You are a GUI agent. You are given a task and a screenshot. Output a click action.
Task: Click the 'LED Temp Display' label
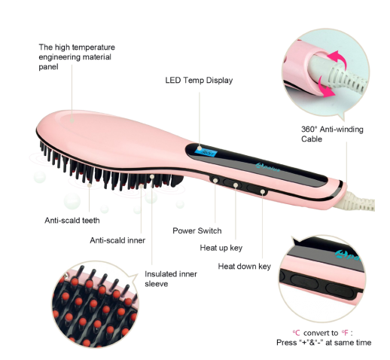(x=199, y=81)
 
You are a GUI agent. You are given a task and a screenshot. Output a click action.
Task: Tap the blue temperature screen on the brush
(x=206, y=151)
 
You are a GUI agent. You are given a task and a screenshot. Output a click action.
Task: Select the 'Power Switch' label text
(x=197, y=230)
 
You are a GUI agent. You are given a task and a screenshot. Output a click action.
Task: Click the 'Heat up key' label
(x=221, y=248)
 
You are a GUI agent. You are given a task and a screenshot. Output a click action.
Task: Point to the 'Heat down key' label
(x=244, y=266)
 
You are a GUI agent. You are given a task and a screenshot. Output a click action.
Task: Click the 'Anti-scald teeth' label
(x=72, y=221)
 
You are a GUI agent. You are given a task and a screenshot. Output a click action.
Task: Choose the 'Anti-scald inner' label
(x=117, y=240)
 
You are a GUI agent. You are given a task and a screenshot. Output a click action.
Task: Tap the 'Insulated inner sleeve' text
(x=171, y=279)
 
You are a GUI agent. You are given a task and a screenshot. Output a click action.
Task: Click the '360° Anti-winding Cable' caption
(x=332, y=134)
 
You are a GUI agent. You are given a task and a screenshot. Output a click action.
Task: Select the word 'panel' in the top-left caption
(x=48, y=67)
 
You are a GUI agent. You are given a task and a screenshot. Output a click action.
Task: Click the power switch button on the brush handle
(x=215, y=180)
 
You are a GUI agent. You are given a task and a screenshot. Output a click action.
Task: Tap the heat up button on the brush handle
(x=233, y=185)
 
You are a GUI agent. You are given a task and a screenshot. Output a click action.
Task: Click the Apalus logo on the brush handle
(x=267, y=168)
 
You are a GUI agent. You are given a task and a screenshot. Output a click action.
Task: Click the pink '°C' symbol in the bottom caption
(x=296, y=333)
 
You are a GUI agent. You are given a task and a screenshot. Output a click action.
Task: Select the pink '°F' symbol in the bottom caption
(x=345, y=333)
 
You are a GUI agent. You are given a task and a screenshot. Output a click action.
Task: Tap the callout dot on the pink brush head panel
(x=72, y=121)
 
